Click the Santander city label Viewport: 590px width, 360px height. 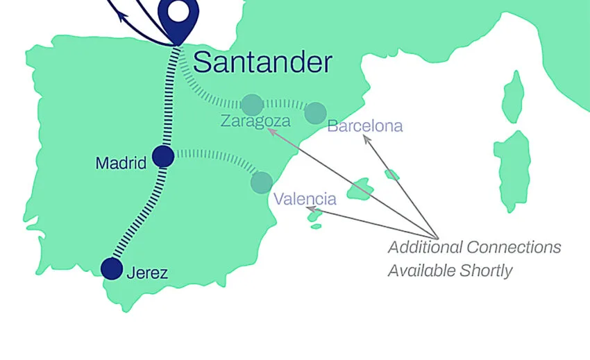coord(262,62)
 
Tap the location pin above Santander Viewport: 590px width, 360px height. coord(178,15)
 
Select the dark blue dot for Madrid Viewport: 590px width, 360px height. coord(163,156)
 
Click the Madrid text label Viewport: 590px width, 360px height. coord(121,164)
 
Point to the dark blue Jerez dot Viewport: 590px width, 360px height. coord(112,268)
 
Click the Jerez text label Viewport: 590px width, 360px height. coord(147,273)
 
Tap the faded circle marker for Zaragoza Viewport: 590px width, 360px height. coord(252,105)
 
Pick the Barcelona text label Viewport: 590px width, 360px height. coord(364,126)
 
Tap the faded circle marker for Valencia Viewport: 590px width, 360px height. coord(262,182)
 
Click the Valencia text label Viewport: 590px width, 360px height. coord(305,200)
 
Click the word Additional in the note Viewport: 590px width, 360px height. coord(425,248)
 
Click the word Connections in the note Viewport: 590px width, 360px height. coord(514,248)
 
